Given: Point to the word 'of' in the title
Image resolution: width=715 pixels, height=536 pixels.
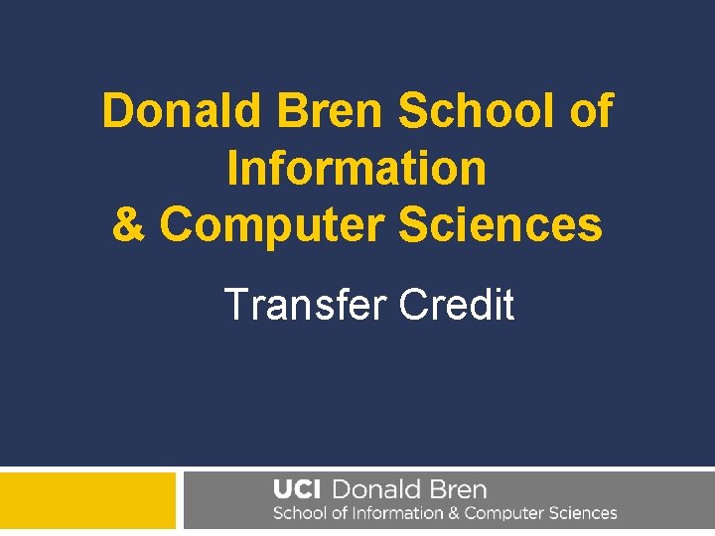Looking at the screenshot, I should (x=590, y=111).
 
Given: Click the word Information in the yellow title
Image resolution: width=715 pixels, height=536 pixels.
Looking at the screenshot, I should (x=357, y=168).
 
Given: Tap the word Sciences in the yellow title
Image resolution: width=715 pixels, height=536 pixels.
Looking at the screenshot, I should (x=500, y=224).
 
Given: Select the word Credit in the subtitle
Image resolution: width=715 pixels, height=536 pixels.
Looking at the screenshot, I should (x=457, y=304).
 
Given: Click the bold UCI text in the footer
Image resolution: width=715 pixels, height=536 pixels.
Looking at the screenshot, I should (x=297, y=490).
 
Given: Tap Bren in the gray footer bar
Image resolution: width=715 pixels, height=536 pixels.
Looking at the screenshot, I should (x=455, y=490).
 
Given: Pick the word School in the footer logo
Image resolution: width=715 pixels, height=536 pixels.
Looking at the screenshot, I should (x=300, y=514).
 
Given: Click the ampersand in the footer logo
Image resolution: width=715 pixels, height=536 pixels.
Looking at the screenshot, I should (x=453, y=514).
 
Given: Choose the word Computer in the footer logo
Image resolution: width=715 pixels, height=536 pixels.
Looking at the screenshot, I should (x=504, y=514).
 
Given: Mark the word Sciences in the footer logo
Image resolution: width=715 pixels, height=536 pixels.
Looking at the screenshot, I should (x=583, y=514).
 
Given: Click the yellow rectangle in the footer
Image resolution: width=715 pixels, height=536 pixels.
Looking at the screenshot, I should (x=87, y=501).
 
